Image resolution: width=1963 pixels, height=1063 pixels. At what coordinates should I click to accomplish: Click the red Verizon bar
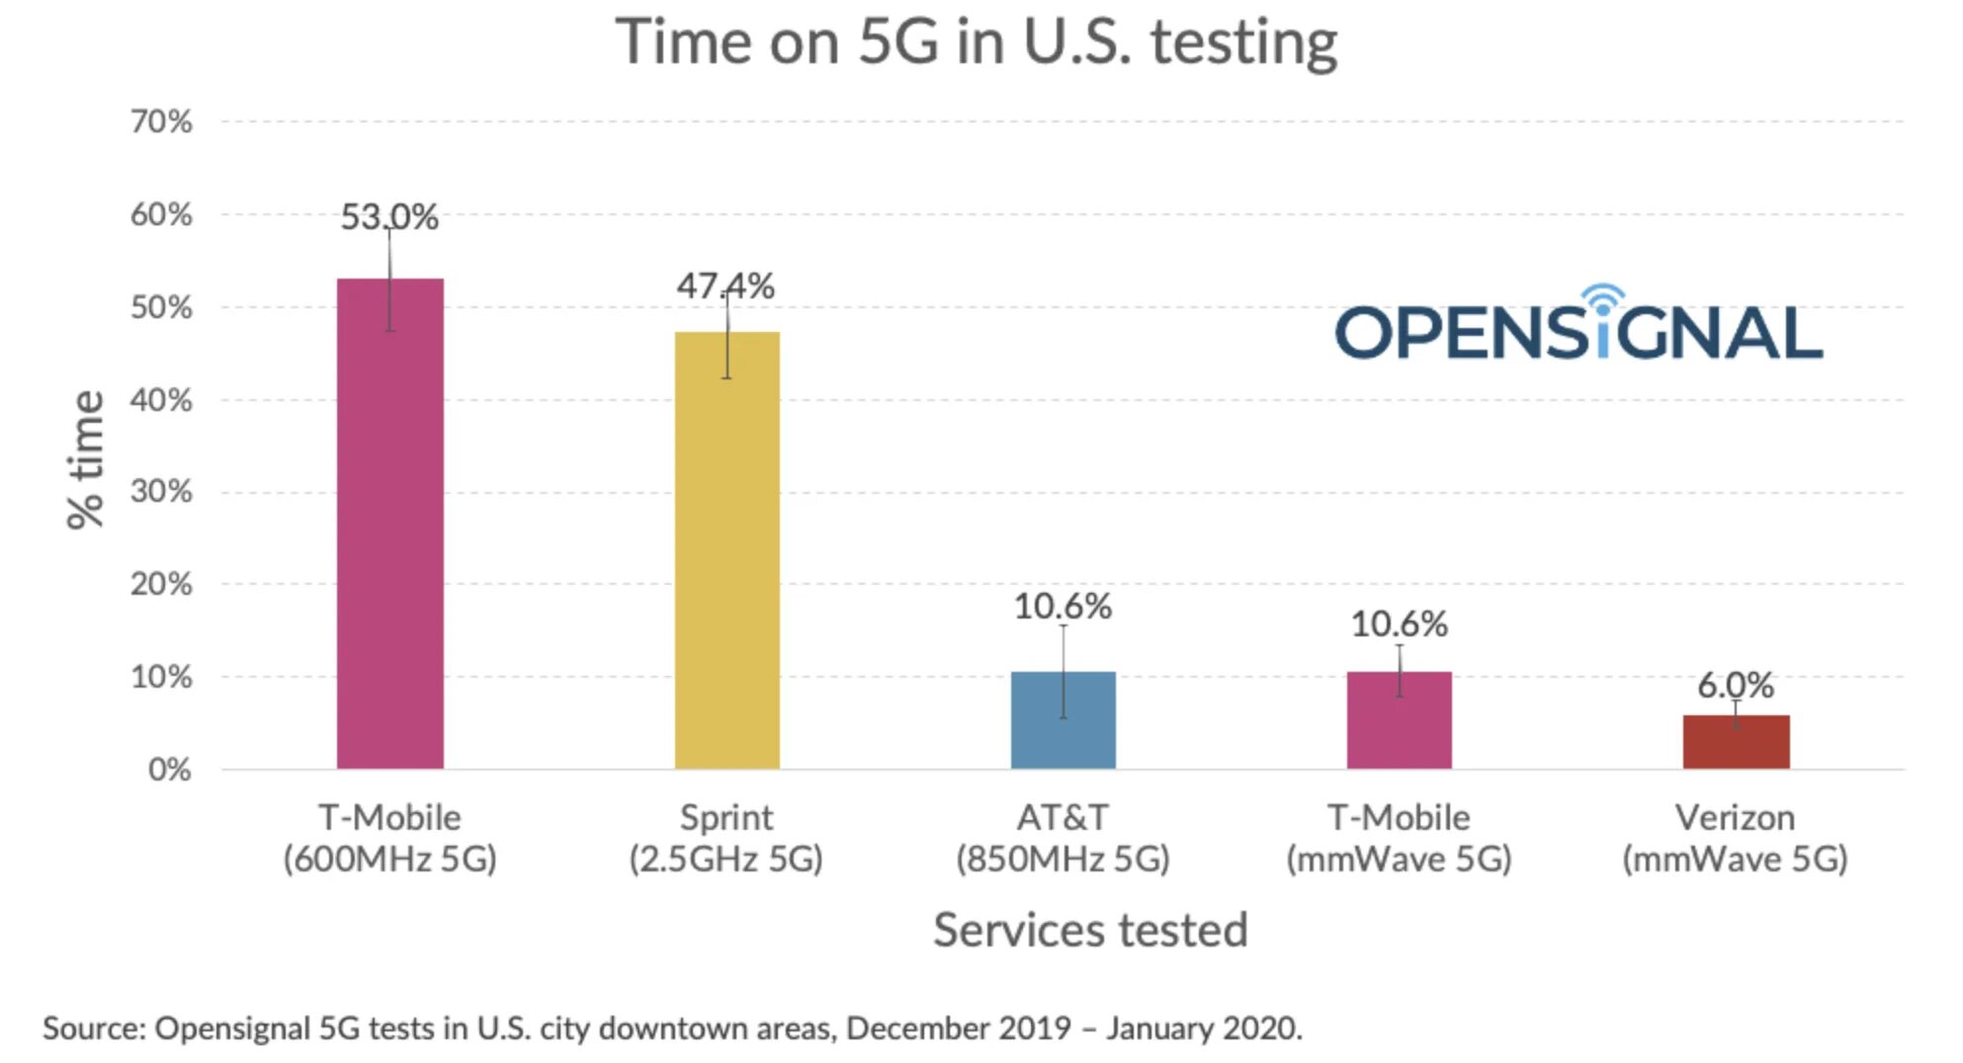click(x=1735, y=742)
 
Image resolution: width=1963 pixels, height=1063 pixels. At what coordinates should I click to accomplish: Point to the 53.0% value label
click(x=389, y=216)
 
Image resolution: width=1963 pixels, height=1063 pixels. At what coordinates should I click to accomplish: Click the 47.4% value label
click(x=725, y=286)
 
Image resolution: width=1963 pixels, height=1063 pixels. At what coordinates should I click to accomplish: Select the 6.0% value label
click(x=1735, y=685)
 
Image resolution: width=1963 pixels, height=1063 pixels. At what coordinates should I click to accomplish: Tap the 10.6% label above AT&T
click(x=1063, y=607)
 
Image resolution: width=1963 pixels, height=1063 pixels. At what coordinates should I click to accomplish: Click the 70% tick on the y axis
click(x=161, y=122)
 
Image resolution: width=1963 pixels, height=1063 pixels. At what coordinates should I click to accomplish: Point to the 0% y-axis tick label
click(x=169, y=770)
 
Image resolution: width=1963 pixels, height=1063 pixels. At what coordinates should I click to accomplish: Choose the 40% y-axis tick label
click(x=161, y=400)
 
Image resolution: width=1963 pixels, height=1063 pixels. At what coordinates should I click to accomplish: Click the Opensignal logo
click(x=1579, y=326)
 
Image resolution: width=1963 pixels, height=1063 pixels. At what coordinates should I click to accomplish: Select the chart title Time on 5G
click(x=976, y=42)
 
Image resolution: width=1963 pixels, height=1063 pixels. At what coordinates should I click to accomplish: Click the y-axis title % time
click(x=85, y=460)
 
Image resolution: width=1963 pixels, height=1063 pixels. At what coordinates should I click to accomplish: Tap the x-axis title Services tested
click(x=1090, y=931)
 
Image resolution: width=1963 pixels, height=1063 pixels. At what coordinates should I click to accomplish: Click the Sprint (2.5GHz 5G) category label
click(x=726, y=839)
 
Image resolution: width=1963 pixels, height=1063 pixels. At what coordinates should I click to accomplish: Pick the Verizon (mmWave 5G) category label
click(x=1735, y=839)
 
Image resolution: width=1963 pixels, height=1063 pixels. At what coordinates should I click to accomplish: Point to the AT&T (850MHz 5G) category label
click(x=1063, y=839)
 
